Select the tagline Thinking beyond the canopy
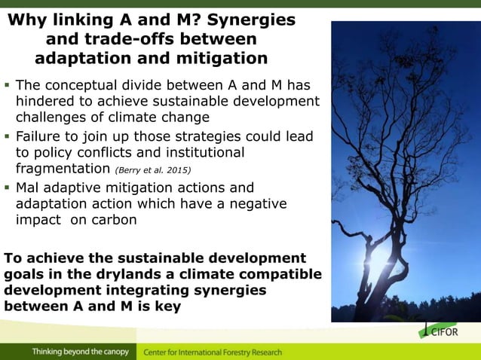(80, 352)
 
